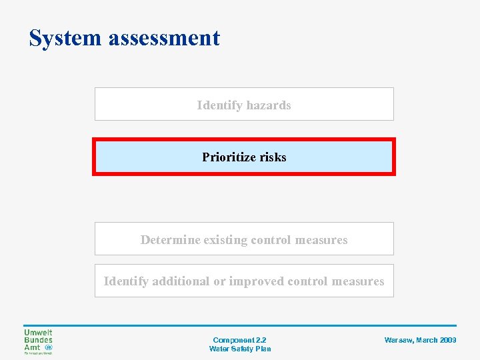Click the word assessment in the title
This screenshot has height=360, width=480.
point(164,38)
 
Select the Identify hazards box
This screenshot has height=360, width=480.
point(244,104)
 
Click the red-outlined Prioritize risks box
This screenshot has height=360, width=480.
point(244,157)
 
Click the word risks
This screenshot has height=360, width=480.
point(272,157)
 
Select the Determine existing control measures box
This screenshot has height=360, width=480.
point(244,239)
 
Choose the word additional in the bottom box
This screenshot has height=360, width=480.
point(180,281)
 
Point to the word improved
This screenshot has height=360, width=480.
point(257,281)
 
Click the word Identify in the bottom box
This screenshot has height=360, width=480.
point(126,281)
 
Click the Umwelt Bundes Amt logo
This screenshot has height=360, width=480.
point(38,341)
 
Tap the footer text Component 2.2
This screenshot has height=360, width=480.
point(239,340)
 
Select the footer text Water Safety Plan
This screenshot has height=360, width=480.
point(240,349)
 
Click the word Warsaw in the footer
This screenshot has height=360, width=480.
point(399,340)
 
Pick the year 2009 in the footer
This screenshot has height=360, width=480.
point(448,340)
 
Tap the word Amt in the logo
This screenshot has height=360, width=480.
point(32,347)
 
